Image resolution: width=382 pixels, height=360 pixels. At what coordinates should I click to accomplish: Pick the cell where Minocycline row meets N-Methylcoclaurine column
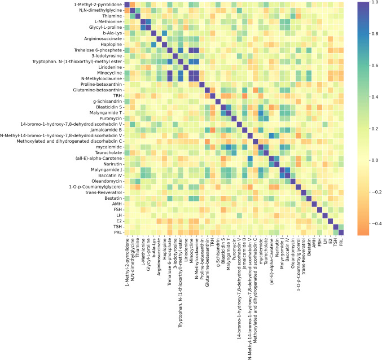pos(196,73)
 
